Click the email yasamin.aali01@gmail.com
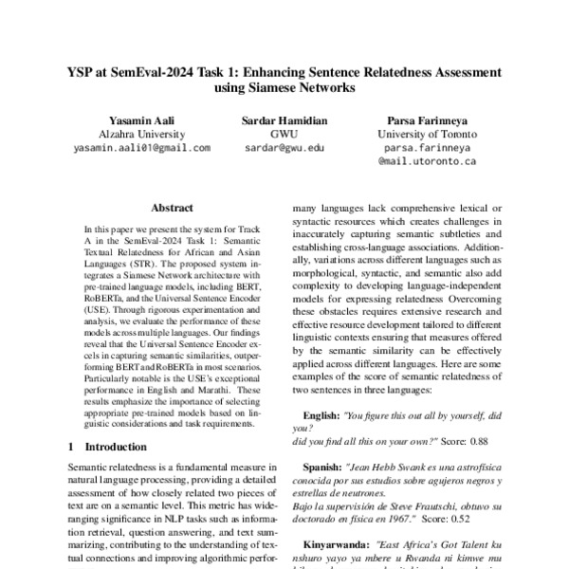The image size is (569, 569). (x=141, y=148)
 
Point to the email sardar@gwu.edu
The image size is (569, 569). (x=284, y=148)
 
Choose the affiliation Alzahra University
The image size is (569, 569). (x=141, y=135)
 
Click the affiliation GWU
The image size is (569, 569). (x=284, y=135)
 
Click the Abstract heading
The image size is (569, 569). (x=172, y=208)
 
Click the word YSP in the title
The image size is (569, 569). (x=83, y=72)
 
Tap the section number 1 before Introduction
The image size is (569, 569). (x=71, y=446)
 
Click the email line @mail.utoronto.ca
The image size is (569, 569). (x=427, y=161)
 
